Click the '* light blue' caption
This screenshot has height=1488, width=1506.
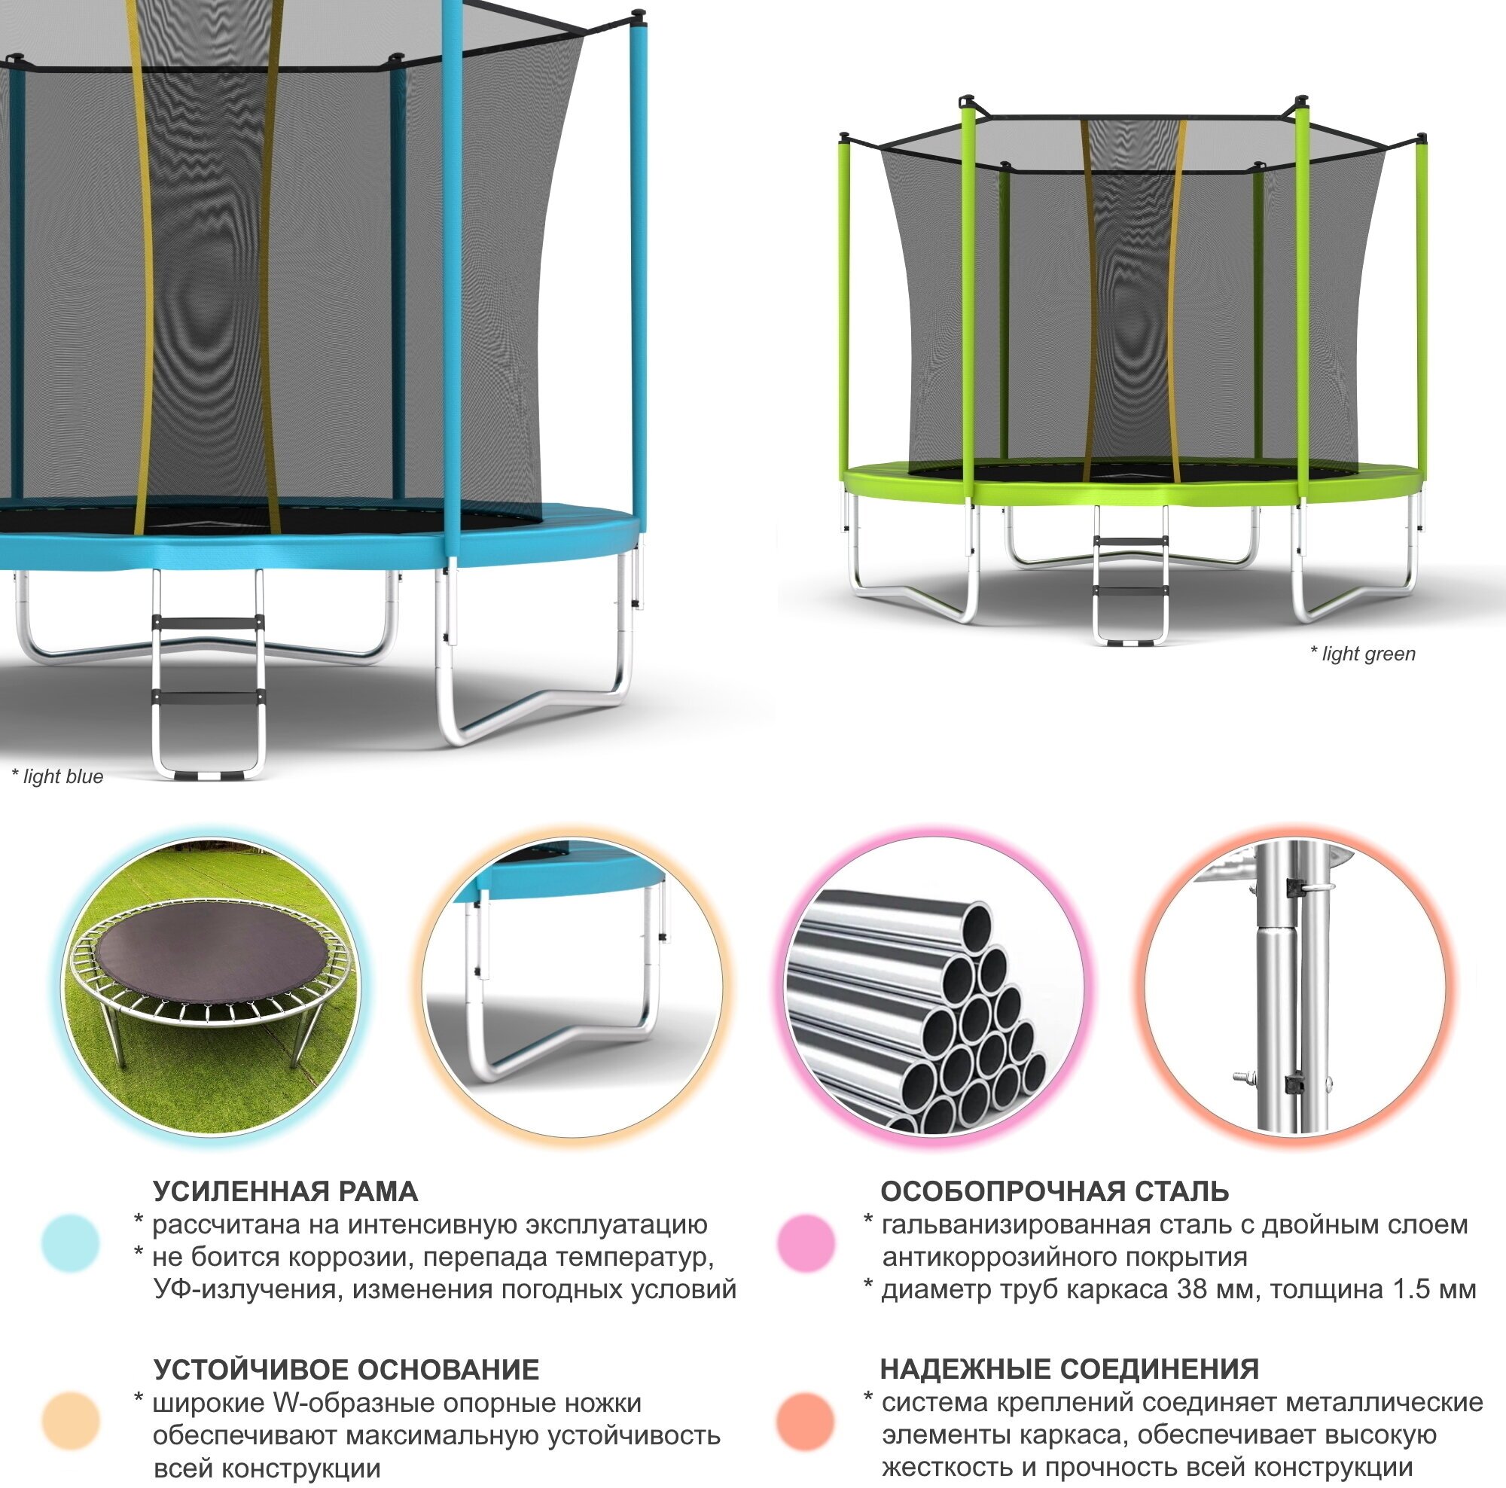(58, 776)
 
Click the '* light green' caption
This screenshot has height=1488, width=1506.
(1363, 654)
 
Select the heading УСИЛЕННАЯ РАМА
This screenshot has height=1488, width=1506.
(285, 1192)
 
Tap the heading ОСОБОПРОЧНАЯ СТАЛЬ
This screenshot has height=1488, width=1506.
(1055, 1192)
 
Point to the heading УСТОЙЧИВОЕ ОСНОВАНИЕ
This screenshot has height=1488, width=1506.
(346, 1370)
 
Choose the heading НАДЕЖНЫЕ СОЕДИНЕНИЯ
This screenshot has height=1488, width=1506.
(1069, 1370)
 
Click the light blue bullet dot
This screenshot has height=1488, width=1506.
(71, 1243)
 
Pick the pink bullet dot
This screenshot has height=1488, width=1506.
(806, 1243)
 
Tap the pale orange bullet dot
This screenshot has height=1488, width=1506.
(71, 1421)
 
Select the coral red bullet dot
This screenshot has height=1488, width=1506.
(806, 1421)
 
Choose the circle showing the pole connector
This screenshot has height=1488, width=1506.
(1294, 986)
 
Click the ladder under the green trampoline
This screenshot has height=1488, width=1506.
(1130, 577)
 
